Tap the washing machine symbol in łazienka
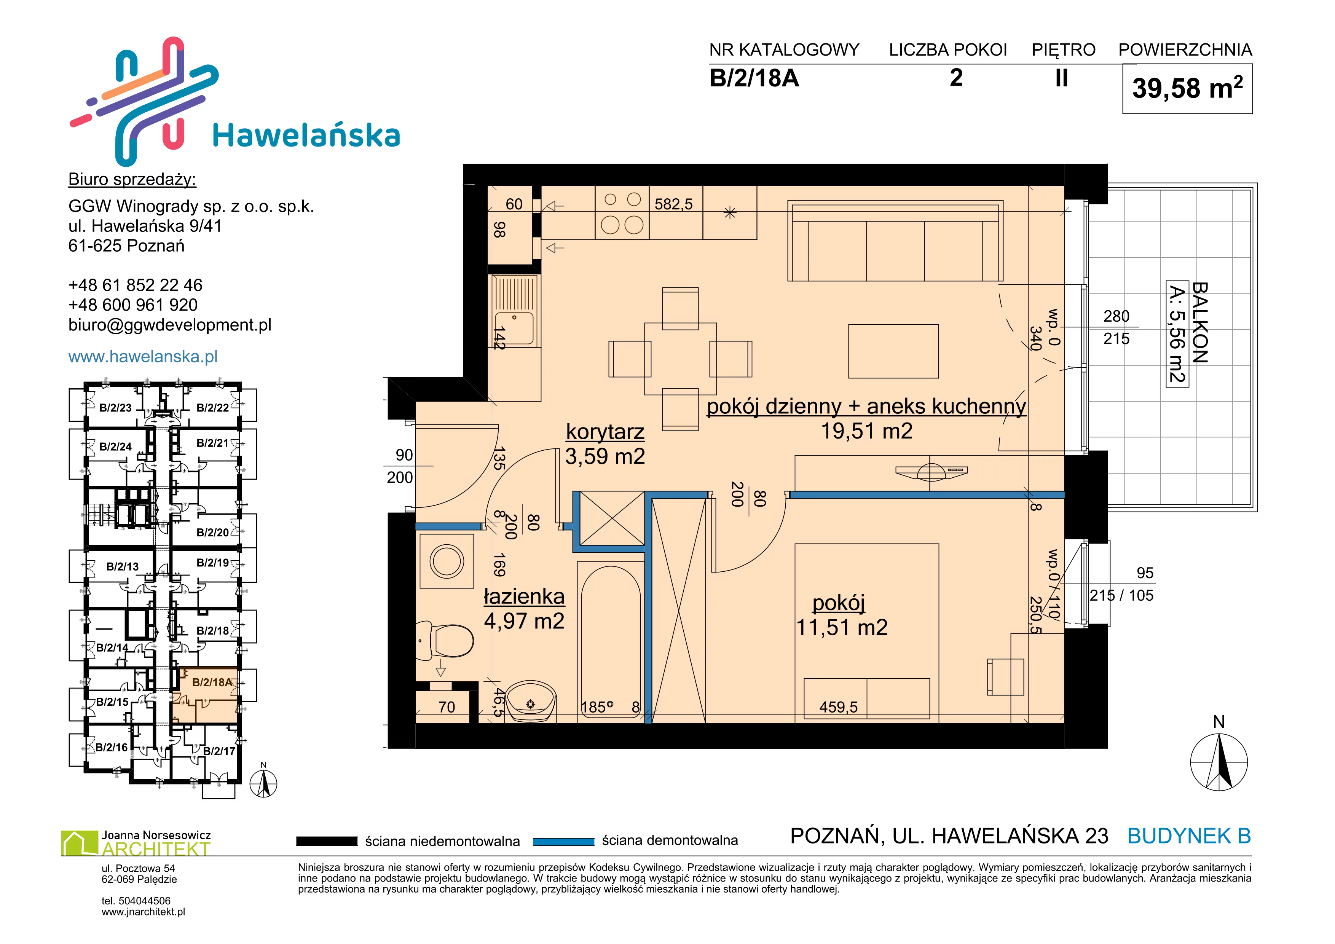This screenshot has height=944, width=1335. pyautogui.click(x=446, y=561)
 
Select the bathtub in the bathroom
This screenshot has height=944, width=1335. pyautogui.click(x=611, y=642)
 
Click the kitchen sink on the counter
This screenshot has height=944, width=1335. pyautogui.click(x=514, y=311)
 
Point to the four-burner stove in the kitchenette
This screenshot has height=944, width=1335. pyautogui.click(x=622, y=213)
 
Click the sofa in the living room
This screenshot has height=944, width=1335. pyautogui.click(x=895, y=241)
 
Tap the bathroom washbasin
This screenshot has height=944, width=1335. pyautogui.click(x=531, y=702)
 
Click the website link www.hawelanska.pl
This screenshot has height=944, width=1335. pyautogui.click(x=143, y=356)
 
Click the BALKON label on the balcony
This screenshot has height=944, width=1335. pyautogui.click(x=1200, y=323)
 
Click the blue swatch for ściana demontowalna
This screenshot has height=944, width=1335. pyautogui.click(x=563, y=841)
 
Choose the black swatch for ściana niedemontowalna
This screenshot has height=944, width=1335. pyautogui.click(x=326, y=841)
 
